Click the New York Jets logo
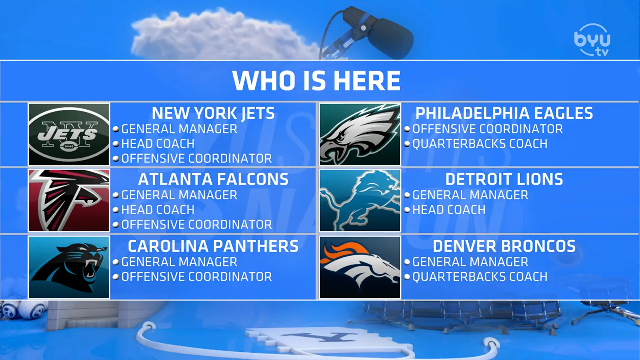[x=69, y=134]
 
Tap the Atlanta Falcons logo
[x=69, y=200]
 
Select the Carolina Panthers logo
[x=69, y=267]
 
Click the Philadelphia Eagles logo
[x=360, y=134]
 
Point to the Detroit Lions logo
[x=360, y=200]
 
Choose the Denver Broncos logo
[x=360, y=267]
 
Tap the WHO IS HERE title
[x=316, y=81]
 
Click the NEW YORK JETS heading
[x=213, y=113]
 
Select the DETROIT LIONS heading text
[x=504, y=179]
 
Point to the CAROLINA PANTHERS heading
[x=213, y=246]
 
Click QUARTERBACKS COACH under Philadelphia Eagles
[x=480, y=144]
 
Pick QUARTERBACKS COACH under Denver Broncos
[x=480, y=277]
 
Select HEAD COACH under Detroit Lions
[x=449, y=210]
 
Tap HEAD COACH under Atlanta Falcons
[x=158, y=210]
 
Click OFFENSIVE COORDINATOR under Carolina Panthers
[x=197, y=277]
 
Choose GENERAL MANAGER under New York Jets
[x=179, y=129]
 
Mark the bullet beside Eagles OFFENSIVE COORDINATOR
[x=407, y=129]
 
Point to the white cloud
[x=220, y=35]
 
